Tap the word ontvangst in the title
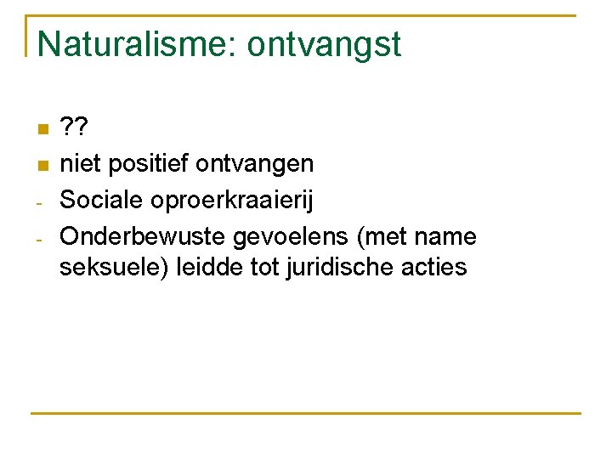tap(324, 44)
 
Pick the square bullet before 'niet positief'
tap(42, 164)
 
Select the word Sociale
tap(104, 200)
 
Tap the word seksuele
tap(113, 268)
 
